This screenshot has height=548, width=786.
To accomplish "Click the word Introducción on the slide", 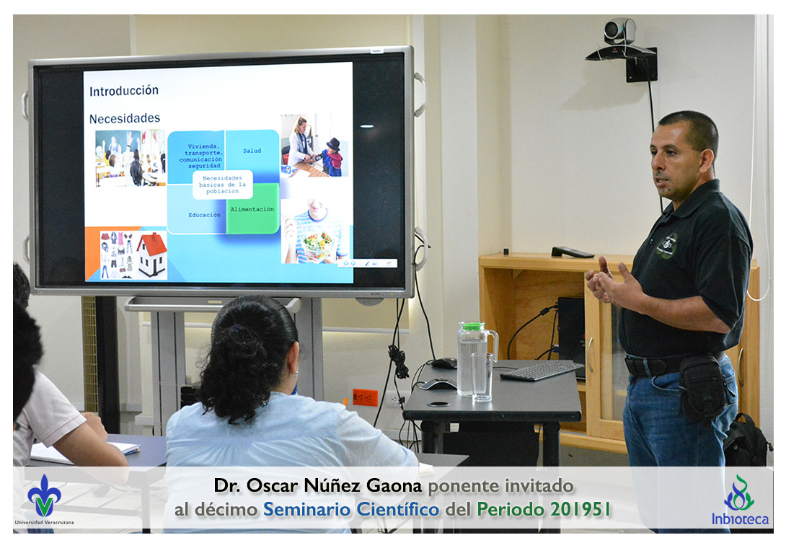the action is (124, 91).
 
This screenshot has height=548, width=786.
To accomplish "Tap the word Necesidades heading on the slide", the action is (125, 118).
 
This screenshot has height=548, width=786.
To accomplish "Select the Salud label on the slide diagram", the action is (252, 151).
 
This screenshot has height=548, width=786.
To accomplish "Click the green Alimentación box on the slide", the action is (252, 208).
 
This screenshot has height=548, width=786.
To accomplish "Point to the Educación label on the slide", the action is (204, 215).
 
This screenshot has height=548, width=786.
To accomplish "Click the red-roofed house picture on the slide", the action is (152, 254).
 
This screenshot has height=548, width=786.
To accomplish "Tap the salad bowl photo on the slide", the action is (315, 231).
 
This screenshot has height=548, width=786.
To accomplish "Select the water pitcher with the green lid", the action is (474, 357).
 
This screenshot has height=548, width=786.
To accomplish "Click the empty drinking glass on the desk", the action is (482, 377).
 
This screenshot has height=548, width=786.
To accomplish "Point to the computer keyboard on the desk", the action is (542, 370).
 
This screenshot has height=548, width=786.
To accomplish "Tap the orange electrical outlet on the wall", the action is (365, 397).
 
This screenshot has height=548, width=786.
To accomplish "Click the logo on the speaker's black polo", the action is (668, 246).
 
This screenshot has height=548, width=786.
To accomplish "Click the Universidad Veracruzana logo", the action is (44, 500).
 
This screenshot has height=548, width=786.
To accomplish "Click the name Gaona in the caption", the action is (394, 485).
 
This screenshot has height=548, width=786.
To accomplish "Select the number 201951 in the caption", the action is (580, 509).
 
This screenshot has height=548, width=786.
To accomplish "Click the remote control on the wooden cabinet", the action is (573, 252).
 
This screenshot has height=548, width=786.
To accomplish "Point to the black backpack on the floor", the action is (747, 441).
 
